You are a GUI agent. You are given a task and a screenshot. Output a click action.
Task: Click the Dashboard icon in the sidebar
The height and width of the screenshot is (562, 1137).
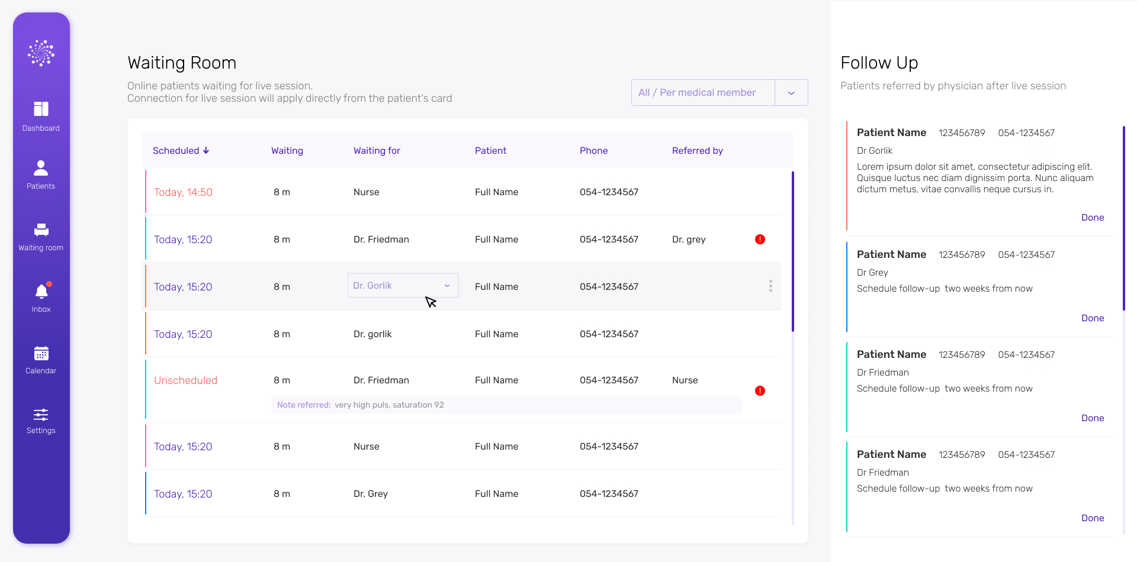click(x=41, y=109)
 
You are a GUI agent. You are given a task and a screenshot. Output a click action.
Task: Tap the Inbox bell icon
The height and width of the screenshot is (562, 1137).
click(x=41, y=292)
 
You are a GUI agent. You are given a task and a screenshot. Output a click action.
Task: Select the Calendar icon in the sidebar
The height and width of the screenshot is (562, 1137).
click(x=41, y=354)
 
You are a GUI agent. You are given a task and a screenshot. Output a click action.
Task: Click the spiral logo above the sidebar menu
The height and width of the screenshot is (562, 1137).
click(x=41, y=53)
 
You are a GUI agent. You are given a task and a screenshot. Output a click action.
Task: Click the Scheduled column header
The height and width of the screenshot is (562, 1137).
click(x=181, y=151)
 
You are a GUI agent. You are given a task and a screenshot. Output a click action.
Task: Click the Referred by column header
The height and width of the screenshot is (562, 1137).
click(x=697, y=151)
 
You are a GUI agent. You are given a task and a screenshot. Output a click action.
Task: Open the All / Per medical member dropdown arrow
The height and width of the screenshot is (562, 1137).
click(x=791, y=93)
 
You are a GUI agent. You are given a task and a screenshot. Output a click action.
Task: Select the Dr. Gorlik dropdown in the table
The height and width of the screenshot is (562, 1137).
click(x=403, y=286)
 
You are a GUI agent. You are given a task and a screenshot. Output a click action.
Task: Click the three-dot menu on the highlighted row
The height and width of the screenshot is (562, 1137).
click(x=770, y=286)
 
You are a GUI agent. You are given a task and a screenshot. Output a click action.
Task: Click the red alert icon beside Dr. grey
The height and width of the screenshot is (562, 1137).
click(x=760, y=240)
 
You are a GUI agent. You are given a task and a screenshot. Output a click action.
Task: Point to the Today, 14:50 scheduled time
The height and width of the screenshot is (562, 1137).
click(x=183, y=192)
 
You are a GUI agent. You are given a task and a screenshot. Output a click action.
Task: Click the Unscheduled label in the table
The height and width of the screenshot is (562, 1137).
click(x=185, y=380)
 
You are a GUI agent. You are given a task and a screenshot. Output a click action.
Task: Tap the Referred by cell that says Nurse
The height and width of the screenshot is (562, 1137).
click(x=685, y=380)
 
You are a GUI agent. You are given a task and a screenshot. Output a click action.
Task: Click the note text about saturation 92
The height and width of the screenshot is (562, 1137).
click(x=388, y=405)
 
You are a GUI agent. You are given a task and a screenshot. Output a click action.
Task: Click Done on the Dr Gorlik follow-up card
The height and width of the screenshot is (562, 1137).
click(x=1092, y=218)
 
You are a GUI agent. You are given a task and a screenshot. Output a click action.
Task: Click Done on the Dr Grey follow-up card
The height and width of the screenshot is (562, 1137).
click(x=1092, y=318)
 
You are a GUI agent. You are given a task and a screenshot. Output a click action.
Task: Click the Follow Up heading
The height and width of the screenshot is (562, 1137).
click(x=879, y=63)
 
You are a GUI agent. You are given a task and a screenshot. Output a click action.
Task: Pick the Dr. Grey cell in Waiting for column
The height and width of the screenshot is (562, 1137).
click(x=371, y=494)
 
